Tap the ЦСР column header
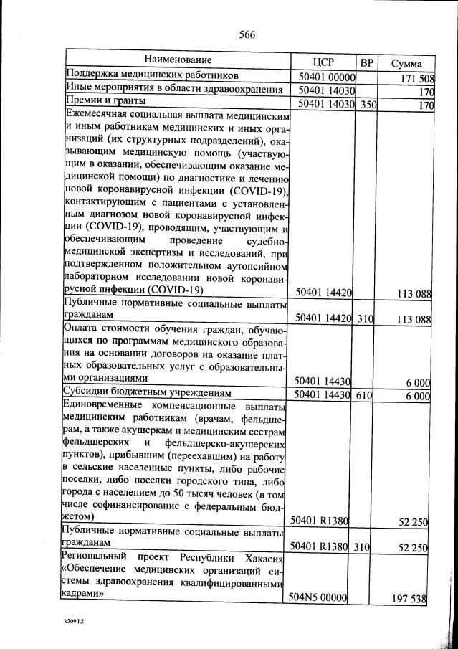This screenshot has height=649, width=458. point(325,62)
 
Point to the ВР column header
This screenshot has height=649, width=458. point(367,62)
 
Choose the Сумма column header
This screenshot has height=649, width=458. point(406,63)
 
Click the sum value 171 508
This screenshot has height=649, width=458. point(417,77)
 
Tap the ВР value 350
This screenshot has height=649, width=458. point(368,105)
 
